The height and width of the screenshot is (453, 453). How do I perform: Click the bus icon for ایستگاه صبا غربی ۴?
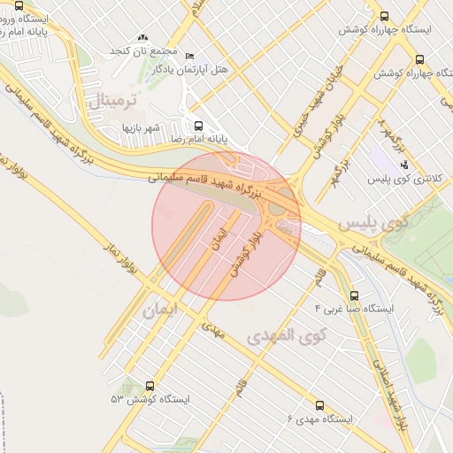point(355,296)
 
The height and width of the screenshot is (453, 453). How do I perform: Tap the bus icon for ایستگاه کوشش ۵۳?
point(149,387)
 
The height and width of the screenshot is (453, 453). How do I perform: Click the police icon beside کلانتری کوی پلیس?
point(404,165)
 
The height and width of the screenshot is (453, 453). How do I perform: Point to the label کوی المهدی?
point(287,335)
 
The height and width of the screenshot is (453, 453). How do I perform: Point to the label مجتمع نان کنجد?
point(145,52)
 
